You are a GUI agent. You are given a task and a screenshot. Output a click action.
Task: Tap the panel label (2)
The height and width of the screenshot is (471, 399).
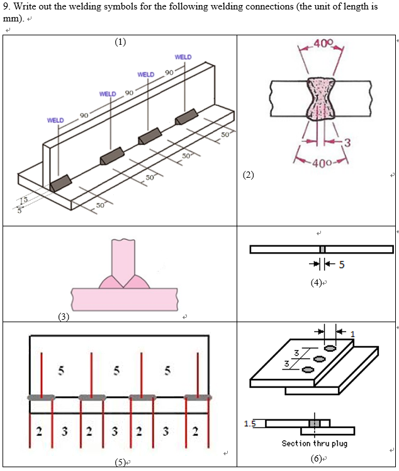(250, 175)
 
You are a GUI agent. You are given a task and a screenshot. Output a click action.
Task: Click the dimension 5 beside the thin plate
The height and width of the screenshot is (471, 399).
(342, 264)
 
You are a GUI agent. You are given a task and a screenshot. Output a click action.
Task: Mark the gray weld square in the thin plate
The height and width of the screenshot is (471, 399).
(322, 250)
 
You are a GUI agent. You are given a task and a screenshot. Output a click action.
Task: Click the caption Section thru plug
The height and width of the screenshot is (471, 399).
(314, 443)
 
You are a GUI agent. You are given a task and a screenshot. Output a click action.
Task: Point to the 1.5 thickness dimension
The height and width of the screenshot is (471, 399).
(249, 423)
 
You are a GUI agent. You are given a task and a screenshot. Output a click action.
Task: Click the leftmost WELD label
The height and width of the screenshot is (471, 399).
(55, 120)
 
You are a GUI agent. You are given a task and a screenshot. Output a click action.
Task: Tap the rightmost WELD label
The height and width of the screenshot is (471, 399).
(183, 57)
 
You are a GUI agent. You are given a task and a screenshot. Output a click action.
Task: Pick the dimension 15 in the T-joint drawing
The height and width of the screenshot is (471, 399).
(23, 201)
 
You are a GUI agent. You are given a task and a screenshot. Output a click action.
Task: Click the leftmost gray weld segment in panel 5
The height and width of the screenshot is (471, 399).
(42, 397)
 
